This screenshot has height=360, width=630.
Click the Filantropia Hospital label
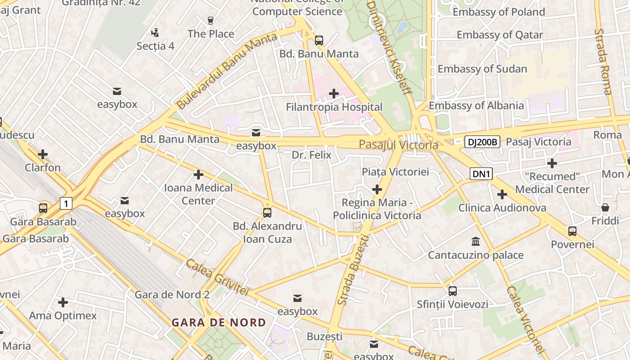(334, 107)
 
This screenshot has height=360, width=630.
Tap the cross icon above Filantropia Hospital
(334, 94)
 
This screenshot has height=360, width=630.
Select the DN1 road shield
(481, 174)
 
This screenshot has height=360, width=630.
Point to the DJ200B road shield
(482, 142)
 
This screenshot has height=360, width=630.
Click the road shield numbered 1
(66, 203)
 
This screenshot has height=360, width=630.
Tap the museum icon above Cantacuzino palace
(476, 242)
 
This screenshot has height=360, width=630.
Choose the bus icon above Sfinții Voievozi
(452, 291)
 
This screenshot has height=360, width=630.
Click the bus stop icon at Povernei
(572, 231)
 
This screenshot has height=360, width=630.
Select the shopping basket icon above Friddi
(605, 208)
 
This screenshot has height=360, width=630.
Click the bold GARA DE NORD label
(219, 323)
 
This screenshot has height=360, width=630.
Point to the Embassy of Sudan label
(482, 69)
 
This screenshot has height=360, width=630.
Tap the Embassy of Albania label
(476, 106)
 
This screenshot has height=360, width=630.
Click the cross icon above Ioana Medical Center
(198, 175)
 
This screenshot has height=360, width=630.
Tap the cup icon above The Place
(210, 20)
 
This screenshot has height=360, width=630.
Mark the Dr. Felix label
(311, 155)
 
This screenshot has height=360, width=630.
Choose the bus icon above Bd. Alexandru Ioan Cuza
(267, 212)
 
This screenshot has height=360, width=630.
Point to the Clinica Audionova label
(502, 208)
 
